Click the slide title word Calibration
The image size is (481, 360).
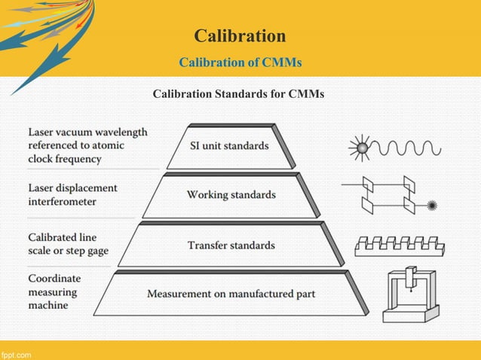[240, 35]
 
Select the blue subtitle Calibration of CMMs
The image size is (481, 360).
[240, 63]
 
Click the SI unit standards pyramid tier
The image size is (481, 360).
[228, 146]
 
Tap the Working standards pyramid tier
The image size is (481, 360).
[231, 195]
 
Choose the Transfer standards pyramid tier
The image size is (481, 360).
[231, 245]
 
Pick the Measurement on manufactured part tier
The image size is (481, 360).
[231, 293]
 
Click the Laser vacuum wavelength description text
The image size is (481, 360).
[87, 145]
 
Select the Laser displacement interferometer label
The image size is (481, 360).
[72, 194]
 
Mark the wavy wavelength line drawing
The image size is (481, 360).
[410, 147]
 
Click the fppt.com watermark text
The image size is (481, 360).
[16, 353]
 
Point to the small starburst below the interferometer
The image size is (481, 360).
[432, 205]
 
